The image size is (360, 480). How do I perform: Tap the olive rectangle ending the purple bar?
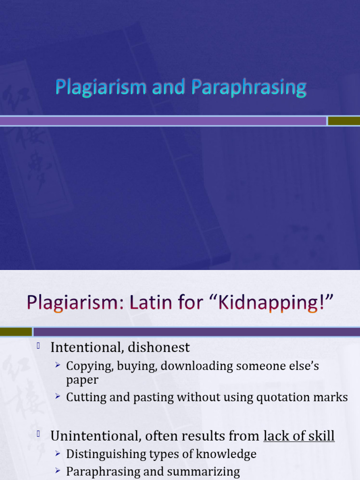point(343,121)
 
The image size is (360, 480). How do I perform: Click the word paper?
point(82,380)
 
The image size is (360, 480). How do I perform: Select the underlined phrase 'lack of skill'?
point(299,436)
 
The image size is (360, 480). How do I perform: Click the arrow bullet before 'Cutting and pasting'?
point(58,397)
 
